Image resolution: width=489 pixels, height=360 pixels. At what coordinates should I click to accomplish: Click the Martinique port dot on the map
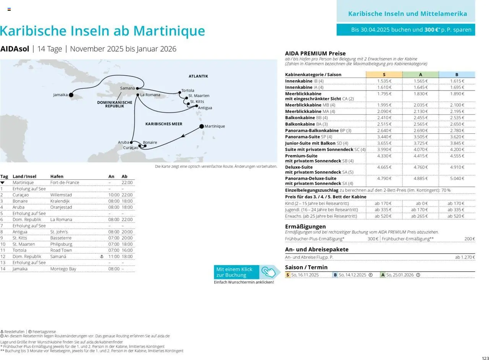[202, 126]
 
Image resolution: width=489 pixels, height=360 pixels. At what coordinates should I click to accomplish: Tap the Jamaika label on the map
[60, 95]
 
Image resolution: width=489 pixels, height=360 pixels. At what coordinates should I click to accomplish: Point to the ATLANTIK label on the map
[198, 76]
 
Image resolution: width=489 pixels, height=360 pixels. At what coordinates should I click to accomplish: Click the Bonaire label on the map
[150, 143]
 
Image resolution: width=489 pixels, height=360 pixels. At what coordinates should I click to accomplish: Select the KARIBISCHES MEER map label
[164, 124]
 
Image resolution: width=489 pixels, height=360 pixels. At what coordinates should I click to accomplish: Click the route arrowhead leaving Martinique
[183, 135]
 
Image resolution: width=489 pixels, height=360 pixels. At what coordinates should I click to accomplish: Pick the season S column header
[384, 75]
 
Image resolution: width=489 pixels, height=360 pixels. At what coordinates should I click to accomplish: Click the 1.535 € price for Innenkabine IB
[384, 81]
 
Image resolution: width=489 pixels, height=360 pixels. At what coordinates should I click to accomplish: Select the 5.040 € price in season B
[457, 178]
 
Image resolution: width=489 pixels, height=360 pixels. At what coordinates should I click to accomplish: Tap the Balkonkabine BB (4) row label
[304, 118]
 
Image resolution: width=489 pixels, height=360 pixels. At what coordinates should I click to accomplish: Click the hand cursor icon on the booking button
[269, 272]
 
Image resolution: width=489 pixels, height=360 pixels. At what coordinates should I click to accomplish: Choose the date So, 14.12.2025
[352, 275]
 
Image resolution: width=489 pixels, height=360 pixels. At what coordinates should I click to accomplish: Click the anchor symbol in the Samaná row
[102, 256]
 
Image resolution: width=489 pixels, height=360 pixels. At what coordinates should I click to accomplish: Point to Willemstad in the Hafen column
[61, 195]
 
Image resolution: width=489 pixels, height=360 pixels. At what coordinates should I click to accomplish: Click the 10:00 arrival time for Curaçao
[114, 195]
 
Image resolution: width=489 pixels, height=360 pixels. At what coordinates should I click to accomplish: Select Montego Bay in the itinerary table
[63, 269]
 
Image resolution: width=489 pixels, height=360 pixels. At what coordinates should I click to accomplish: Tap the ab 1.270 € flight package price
[465, 257]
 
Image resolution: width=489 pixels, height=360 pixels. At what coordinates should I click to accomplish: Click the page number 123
[485, 358]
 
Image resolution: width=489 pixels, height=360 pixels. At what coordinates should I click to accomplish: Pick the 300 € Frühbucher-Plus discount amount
[372, 239]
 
